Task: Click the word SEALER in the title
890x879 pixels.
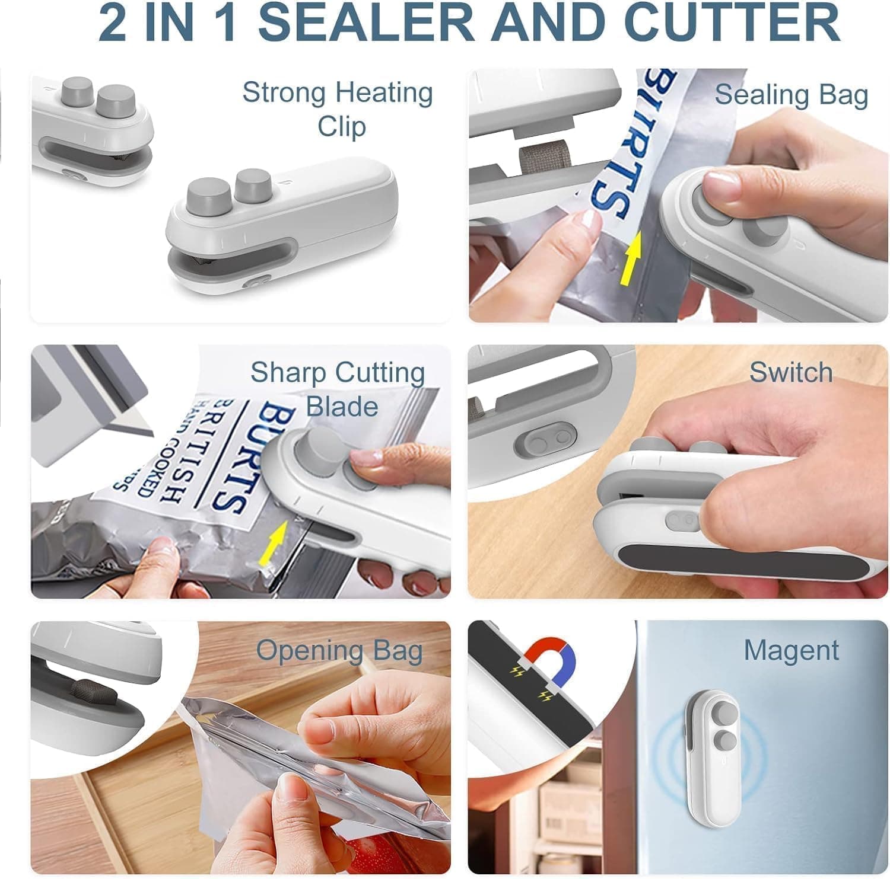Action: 366,23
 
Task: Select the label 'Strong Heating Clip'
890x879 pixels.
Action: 338,109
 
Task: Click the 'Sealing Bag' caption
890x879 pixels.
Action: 791,95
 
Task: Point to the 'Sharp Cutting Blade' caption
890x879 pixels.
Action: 338,389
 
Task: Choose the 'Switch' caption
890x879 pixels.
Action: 791,372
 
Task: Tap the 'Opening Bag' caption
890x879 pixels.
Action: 339,650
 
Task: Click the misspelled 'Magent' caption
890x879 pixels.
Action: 791,650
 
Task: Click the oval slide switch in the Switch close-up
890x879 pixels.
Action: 545,439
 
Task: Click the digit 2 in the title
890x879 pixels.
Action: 113,23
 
